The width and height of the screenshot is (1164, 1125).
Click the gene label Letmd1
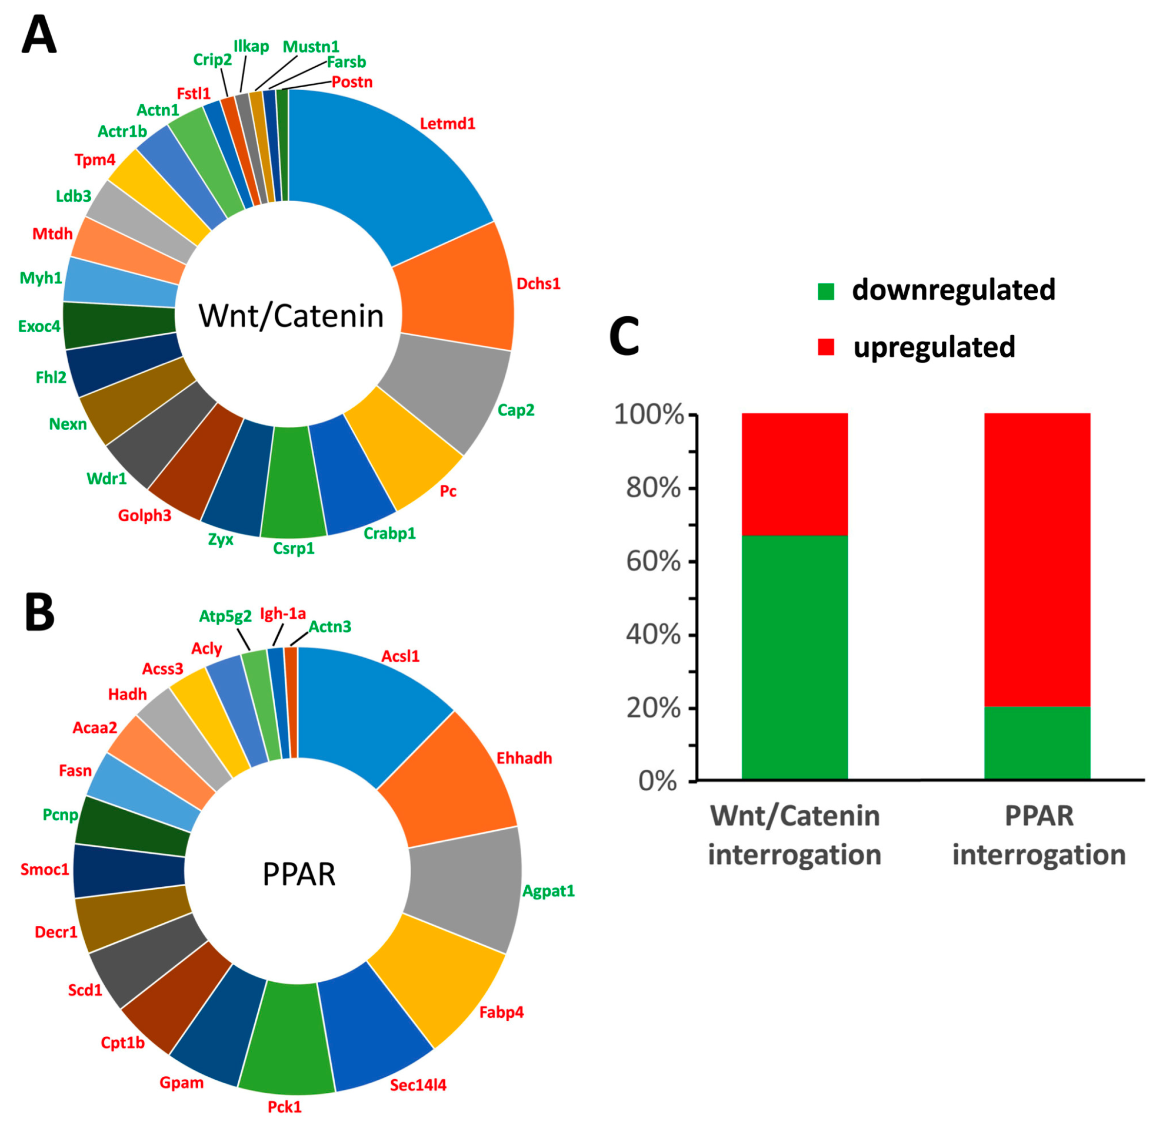tap(447, 124)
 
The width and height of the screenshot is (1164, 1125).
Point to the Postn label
tap(352, 82)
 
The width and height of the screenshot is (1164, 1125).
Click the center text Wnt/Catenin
tap(291, 315)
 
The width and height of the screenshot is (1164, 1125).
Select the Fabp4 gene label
tap(501, 1012)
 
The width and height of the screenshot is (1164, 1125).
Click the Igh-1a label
tap(283, 613)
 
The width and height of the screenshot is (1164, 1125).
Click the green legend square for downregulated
tap(826, 291)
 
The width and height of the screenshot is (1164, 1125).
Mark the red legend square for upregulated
tap(826, 347)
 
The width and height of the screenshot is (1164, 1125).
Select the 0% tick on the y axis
tap(657, 781)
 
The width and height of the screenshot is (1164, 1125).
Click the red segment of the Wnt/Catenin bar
tap(795, 474)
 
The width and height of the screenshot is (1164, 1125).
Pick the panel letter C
tap(624, 336)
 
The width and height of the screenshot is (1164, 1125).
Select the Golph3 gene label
tap(144, 515)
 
